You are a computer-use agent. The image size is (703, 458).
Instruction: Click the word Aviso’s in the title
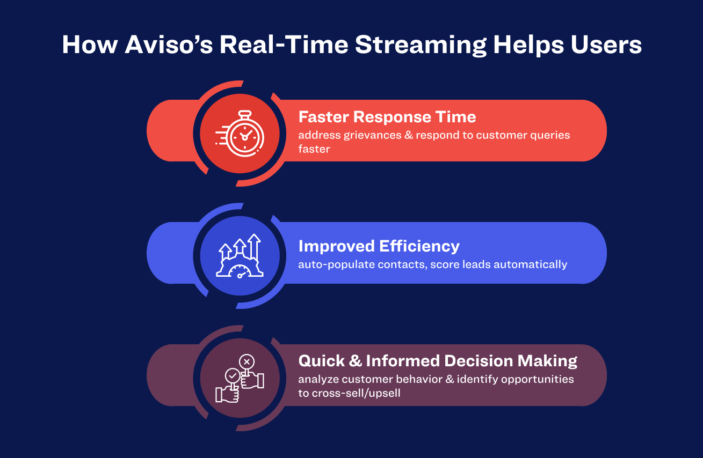(169, 45)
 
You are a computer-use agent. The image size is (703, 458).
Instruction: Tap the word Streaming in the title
(421, 46)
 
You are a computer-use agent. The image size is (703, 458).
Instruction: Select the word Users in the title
(606, 45)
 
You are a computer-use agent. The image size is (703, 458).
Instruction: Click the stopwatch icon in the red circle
(240, 134)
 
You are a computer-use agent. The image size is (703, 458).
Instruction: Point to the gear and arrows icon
(240, 256)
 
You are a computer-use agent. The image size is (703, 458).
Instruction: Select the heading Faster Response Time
(387, 117)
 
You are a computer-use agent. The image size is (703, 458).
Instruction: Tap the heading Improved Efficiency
(379, 246)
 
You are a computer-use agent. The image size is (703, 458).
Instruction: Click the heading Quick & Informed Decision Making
(438, 361)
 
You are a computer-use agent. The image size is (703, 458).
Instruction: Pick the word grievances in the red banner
(372, 136)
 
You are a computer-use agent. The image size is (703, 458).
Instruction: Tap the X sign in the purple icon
(247, 362)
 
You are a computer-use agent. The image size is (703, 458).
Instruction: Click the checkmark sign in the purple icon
(233, 375)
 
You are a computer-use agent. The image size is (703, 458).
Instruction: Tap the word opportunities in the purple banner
(537, 380)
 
